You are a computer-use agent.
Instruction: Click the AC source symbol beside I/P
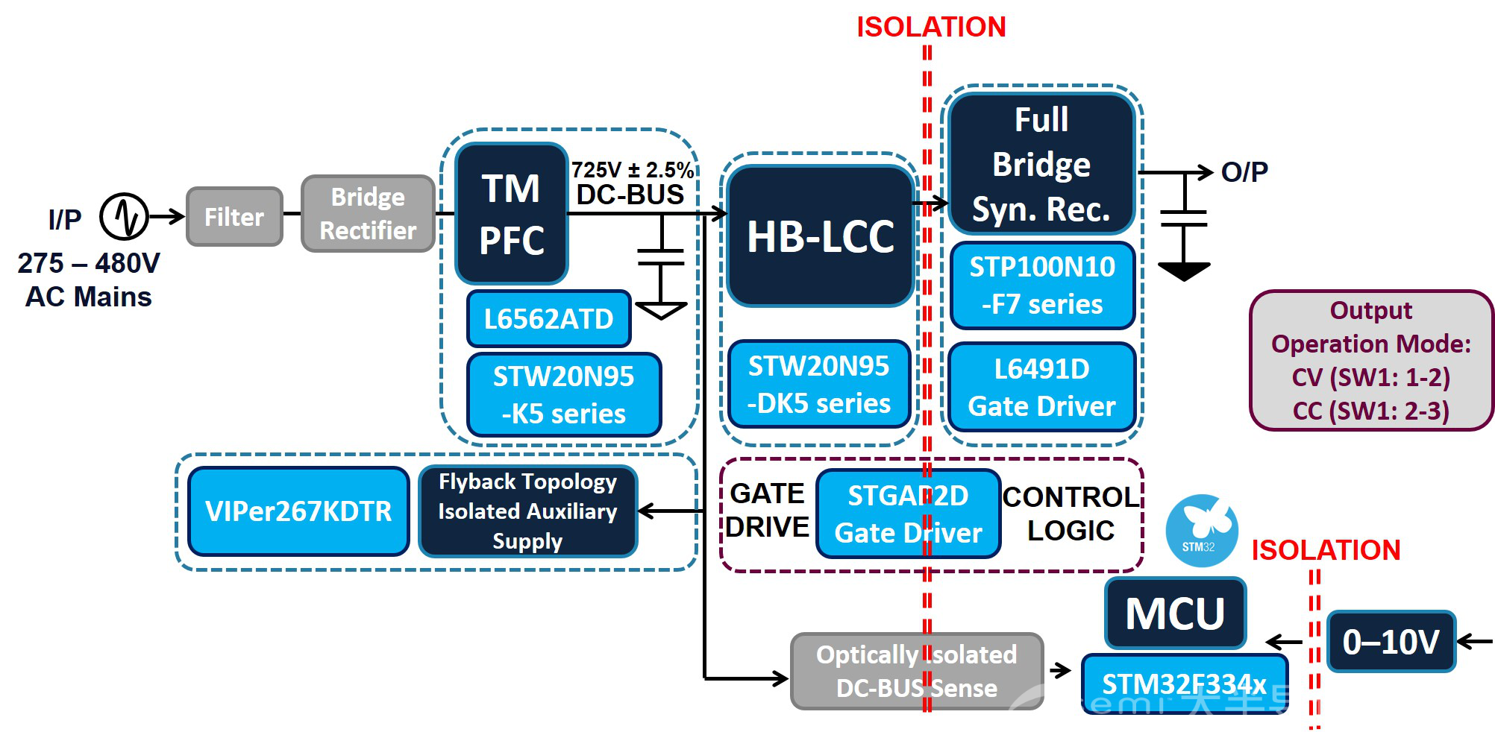pyautogui.click(x=125, y=216)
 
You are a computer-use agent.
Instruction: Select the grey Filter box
pyautogui.click(x=234, y=217)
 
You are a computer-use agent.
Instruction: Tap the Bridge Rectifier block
pyautogui.click(x=368, y=214)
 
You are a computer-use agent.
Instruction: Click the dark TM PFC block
pyautogui.click(x=512, y=214)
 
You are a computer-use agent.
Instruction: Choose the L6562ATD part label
pyautogui.click(x=548, y=319)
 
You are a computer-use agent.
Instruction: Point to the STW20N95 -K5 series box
pyautogui.click(x=563, y=394)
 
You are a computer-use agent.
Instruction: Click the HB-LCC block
pyautogui.click(x=821, y=236)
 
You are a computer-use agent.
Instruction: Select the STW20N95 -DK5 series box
pyautogui.click(x=818, y=385)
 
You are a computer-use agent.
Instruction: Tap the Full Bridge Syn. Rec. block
pyautogui.click(x=1041, y=164)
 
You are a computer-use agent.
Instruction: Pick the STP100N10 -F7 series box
pyautogui.click(x=1041, y=285)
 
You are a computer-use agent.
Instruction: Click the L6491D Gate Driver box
pyautogui.click(x=1041, y=388)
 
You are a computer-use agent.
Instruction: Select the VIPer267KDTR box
pyautogui.click(x=298, y=511)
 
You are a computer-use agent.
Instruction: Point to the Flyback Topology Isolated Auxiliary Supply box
pyautogui.click(x=527, y=511)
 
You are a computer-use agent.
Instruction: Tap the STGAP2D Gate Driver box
pyautogui.click(x=908, y=514)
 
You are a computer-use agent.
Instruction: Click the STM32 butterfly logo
pyautogui.click(x=1201, y=530)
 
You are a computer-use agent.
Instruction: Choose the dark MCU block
pyautogui.click(x=1175, y=613)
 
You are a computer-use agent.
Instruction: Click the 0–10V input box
pyautogui.click(x=1391, y=642)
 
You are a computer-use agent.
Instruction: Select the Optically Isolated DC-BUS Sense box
pyautogui.click(x=916, y=671)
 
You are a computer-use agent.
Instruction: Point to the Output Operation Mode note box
pyautogui.click(x=1371, y=361)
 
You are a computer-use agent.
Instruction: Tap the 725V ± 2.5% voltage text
pyautogui.click(x=632, y=170)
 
